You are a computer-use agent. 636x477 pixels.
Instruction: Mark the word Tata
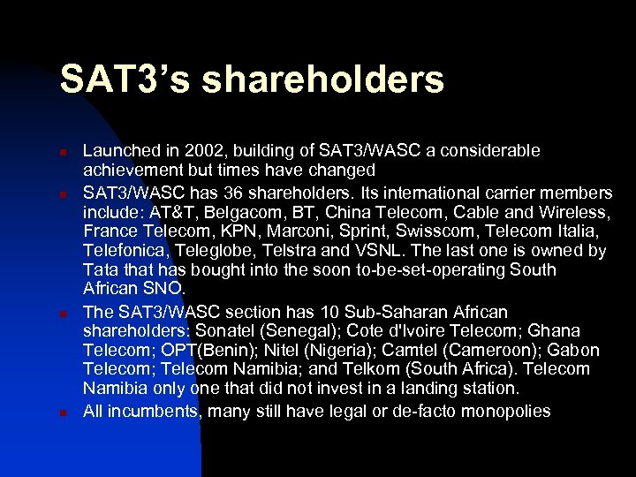click(x=99, y=270)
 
